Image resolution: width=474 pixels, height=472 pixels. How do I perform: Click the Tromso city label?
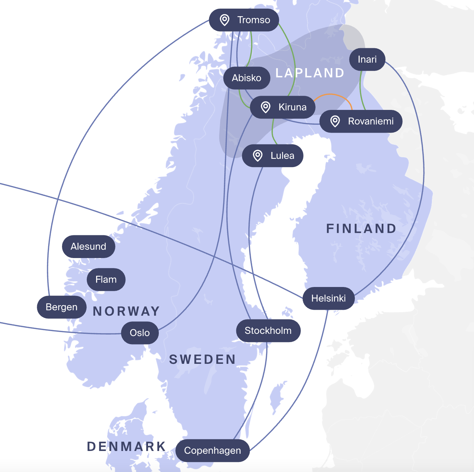(x=244, y=20)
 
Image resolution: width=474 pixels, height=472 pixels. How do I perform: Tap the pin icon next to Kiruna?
(x=266, y=107)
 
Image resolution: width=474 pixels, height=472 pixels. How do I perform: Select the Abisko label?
(x=247, y=78)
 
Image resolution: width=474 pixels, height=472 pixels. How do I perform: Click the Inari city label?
(x=367, y=59)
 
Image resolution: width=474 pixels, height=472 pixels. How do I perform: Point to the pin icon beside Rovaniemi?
(x=335, y=121)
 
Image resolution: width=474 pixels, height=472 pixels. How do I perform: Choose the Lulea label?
(x=273, y=156)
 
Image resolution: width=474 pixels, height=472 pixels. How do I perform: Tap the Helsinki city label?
(x=329, y=298)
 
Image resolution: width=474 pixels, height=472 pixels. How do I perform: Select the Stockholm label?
(x=268, y=331)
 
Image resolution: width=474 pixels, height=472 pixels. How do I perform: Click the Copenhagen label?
(x=213, y=451)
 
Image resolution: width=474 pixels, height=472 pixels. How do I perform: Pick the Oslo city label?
(x=140, y=333)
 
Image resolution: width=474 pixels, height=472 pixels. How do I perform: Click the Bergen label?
(x=62, y=307)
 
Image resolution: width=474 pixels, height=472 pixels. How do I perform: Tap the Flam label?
(x=106, y=279)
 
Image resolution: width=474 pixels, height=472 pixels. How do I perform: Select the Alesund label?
(x=89, y=247)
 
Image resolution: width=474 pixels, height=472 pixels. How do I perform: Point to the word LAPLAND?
(x=310, y=73)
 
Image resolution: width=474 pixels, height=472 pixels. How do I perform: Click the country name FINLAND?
(x=361, y=229)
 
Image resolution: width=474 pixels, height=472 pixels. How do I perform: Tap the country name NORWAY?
(x=126, y=311)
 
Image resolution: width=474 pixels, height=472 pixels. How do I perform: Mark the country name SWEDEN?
(x=202, y=360)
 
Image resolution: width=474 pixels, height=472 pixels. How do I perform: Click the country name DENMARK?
(x=126, y=447)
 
